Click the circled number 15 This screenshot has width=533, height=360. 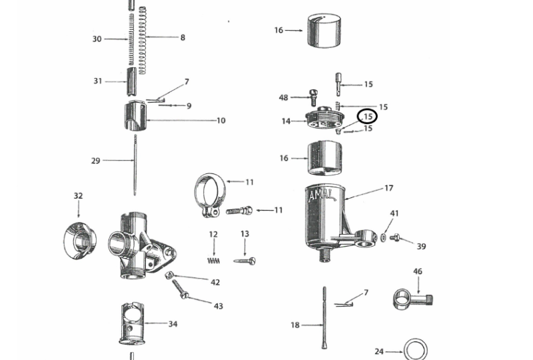(368, 117)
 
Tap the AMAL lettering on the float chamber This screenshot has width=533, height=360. (321, 195)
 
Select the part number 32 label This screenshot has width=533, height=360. (78, 195)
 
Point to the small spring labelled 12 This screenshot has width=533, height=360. (213, 261)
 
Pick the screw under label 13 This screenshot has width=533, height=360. (245, 261)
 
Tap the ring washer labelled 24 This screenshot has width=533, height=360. (415, 350)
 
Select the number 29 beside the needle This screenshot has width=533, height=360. (96, 161)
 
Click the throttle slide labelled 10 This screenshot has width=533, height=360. (135, 116)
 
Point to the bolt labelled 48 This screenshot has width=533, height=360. (313, 97)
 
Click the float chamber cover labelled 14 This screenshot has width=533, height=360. (324, 117)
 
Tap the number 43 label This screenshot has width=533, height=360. (219, 306)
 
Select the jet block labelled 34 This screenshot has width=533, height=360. (133, 323)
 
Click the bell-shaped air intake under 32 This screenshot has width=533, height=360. (80, 240)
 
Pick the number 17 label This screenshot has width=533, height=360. (389, 188)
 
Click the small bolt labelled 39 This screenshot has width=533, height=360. (394, 237)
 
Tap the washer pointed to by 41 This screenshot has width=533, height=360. (383, 237)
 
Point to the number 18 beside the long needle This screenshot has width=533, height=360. (295, 325)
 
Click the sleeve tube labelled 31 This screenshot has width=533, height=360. (132, 81)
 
